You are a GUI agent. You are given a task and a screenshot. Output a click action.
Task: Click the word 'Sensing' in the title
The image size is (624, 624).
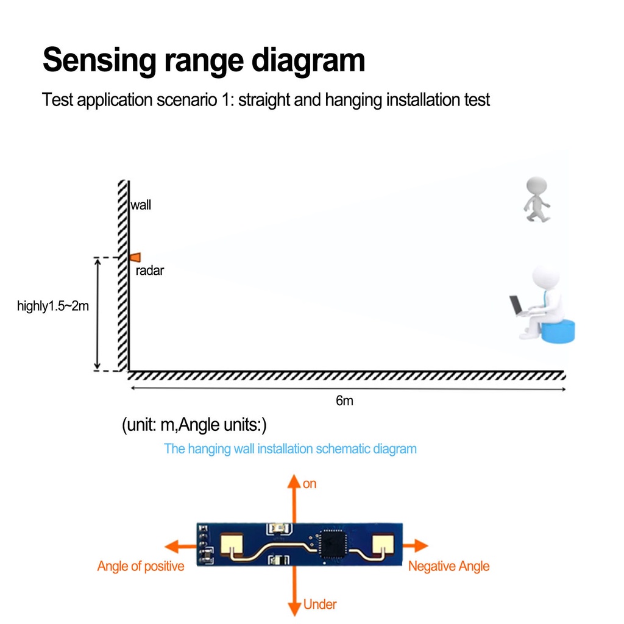[x=98, y=61]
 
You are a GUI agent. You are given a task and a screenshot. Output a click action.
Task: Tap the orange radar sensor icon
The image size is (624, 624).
[x=135, y=257]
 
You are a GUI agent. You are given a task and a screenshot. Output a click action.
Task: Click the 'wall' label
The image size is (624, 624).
[x=141, y=205]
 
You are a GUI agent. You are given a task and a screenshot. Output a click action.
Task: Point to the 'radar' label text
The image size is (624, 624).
[x=150, y=271]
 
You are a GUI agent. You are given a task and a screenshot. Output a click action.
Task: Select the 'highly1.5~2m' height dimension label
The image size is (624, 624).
[x=53, y=306]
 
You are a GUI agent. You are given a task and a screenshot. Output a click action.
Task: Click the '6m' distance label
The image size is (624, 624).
[x=344, y=401]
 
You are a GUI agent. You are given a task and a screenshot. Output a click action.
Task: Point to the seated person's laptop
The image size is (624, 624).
[x=517, y=305]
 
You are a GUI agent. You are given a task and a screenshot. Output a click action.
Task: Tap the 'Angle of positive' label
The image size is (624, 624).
[x=140, y=566]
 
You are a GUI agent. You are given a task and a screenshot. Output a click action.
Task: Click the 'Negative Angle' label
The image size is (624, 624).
[x=448, y=566]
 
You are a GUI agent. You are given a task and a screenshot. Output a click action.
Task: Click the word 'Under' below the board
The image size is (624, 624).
[x=320, y=604]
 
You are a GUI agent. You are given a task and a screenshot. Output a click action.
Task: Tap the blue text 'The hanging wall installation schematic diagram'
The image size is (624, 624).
[x=290, y=449]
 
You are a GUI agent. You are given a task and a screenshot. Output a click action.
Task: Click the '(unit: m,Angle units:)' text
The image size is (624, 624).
[x=194, y=424]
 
